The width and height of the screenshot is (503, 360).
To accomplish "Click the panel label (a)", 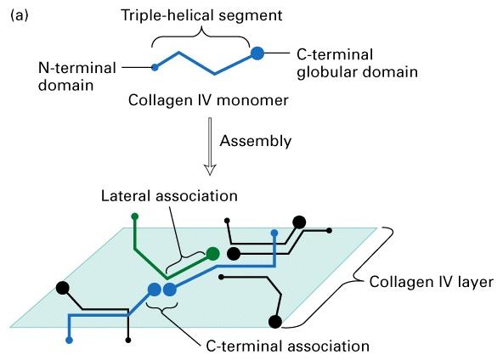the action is [x=20, y=15].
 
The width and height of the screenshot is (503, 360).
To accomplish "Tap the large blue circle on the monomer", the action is [x=257, y=53].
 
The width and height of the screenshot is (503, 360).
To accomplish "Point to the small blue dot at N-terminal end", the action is [x=155, y=67].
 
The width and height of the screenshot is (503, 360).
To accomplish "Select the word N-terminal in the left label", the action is [x=77, y=68].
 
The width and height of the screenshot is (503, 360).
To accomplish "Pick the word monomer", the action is [x=253, y=100].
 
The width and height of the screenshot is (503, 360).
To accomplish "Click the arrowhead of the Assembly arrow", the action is [x=210, y=170].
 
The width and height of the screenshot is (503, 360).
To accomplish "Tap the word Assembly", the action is [x=256, y=141].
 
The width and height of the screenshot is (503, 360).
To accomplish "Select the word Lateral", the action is [x=127, y=196].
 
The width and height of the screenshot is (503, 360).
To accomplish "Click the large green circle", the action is [x=212, y=254].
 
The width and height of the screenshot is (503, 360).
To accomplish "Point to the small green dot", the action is [x=135, y=217].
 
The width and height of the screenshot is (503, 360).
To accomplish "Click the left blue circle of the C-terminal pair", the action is [x=155, y=290].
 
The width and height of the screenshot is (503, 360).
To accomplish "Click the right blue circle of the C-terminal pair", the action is [x=170, y=290].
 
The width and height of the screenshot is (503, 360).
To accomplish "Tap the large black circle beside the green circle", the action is [x=234, y=254].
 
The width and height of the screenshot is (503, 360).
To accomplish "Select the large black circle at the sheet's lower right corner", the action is [x=275, y=322].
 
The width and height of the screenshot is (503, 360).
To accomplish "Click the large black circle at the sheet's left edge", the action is [x=63, y=288].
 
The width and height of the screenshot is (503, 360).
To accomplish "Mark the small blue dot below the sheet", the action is [x=69, y=340].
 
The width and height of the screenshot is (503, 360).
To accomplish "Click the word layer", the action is [x=476, y=282].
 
